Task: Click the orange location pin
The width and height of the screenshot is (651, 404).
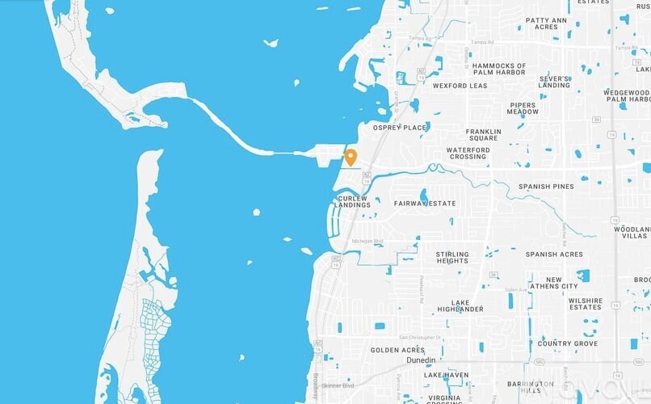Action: pos(351,157)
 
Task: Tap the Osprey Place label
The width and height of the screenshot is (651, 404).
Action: pos(399,128)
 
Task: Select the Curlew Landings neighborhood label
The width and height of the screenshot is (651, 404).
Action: pos(353,202)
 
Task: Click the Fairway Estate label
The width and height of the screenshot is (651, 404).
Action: pos(424,204)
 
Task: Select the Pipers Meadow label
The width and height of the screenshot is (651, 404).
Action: pos(523,108)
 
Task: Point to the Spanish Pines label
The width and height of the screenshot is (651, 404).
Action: pos(546,187)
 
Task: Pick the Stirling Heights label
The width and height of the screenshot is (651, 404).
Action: pos(452,258)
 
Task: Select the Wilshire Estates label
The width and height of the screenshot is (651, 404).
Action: pos(585,304)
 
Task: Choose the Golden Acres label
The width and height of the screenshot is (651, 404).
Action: pos(397,350)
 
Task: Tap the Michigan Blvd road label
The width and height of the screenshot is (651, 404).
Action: pos(367,242)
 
